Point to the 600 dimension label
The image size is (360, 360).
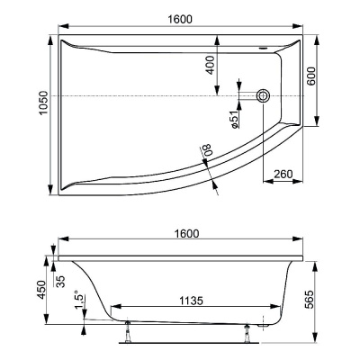(x=311, y=78)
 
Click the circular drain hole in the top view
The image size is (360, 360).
(x=264, y=94)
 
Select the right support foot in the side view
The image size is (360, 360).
(x=247, y=336)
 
